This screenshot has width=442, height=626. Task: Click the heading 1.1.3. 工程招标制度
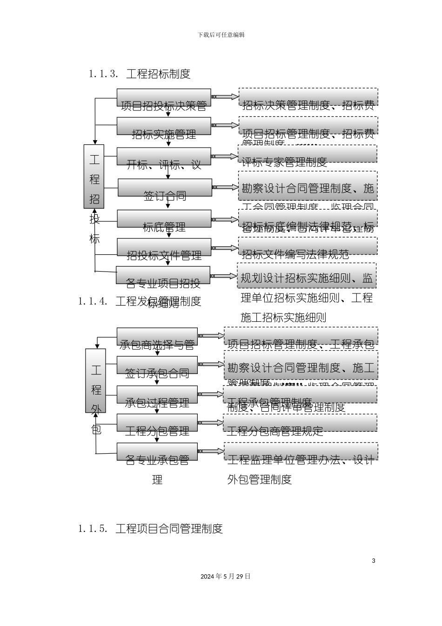(x=140, y=74)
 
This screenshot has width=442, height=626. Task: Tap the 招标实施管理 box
(x=163, y=126)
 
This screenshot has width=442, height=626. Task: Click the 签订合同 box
(x=165, y=188)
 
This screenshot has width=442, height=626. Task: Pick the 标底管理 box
(x=164, y=219)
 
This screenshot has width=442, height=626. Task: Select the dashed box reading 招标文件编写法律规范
(x=308, y=246)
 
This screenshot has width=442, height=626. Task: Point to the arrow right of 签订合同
(x=225, y=187)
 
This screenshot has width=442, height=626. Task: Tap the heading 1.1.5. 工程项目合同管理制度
(x=151, y=529)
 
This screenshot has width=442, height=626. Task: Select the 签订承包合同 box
(x=157, y=365)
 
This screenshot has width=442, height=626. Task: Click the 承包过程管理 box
(x=157, y=395)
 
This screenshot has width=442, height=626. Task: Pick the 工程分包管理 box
(x=157, y=423)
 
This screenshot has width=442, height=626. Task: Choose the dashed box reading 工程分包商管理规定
(x=301, y=423)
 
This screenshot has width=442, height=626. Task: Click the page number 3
(x=373, y=560)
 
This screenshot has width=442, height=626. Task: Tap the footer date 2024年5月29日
(x=226, y=576)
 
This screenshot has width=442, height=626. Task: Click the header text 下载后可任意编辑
(x=221, y=34)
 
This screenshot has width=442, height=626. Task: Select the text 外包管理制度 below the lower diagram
(x=259, y=479)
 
